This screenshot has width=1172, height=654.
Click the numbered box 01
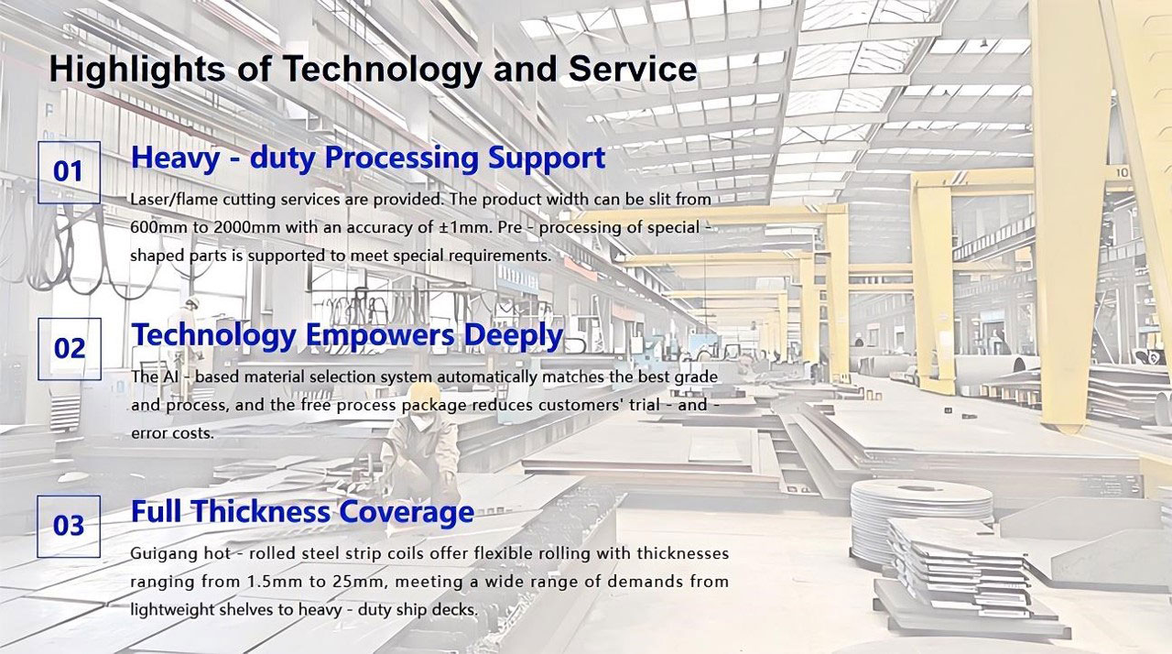(x=69, y=172)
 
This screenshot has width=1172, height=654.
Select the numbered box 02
(x=69, y=349)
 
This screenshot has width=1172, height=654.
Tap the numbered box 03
(x=69, y=526)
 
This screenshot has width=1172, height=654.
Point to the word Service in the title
(x=633, y=69)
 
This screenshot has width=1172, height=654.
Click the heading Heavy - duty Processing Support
(x=368, y=158)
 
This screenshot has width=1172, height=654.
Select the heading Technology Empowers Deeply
(x=347, y=336)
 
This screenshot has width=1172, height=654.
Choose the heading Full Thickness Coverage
(x=302, y=512)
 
